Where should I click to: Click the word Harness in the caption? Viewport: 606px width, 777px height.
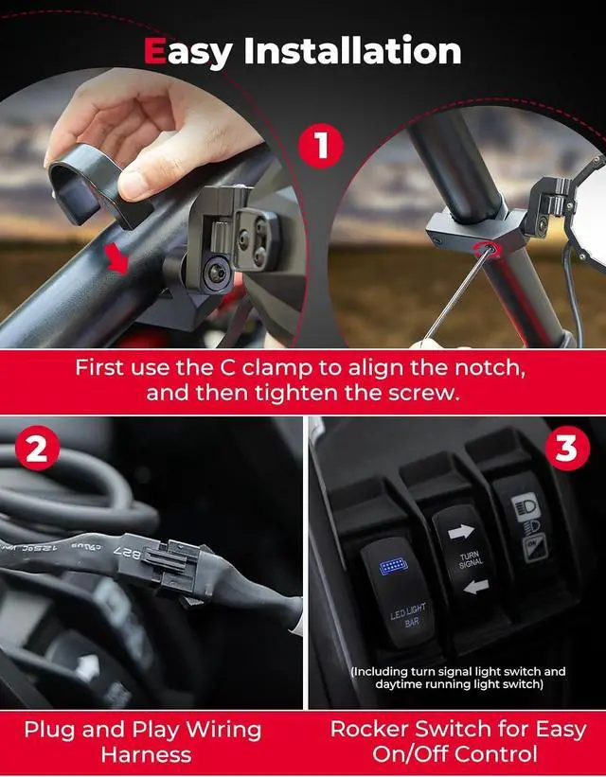tap(146, 754)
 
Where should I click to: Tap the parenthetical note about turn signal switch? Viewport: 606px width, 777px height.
tap(458, 678)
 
